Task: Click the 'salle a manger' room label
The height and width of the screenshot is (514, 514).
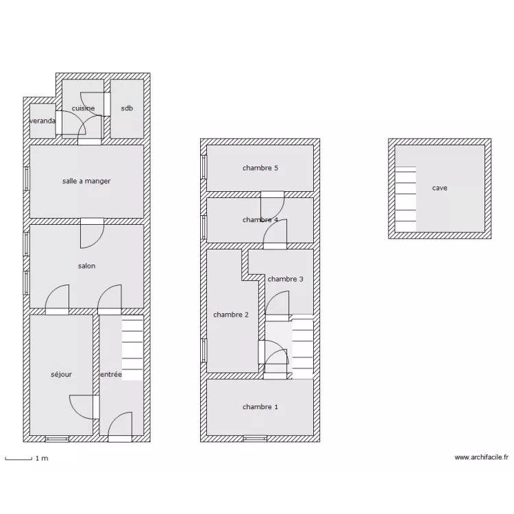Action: pyautogui.click(x=86, y=181)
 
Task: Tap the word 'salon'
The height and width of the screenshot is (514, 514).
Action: pyautogui.click(x=86, y=266)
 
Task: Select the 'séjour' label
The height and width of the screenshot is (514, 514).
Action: pyautogui.click(x=61, y=374)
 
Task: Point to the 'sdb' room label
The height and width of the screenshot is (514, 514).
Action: pyautogui.click(x=127, y=108)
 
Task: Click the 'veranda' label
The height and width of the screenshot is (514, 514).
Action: pyautogui.click(x=42, y=121)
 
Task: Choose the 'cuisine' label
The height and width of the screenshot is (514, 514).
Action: pyautogui.click(x=83, y=108)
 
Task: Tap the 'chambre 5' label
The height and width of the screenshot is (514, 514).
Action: pyautogui.click(x=260, y=168)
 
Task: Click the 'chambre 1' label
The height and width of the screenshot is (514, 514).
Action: pyautogui.click(x=260, y=407)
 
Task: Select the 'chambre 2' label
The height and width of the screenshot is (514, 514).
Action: pyautogui.click(x=231, y=315)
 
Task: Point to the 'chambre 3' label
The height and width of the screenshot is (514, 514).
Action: pyautogui.click(x=286, y=279)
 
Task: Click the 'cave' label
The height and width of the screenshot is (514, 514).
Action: pyautogui.click(x=439, y=188)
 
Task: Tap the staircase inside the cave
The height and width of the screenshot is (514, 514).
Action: pyautogui.click(x=406, y=199)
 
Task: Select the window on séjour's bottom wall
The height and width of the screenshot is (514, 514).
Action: pyautogui.click(x=57, y=439)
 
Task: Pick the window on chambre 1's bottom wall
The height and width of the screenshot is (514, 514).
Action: pyautogui.click(x=255, y=439)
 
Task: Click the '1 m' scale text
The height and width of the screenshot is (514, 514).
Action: pyautogui.click(x=42, y=458)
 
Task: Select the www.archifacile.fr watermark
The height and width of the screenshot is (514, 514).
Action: pyautogui.click(x=482, y=457)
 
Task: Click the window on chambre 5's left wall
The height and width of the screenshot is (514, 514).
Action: pyautogui.click(x=204, y=167)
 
